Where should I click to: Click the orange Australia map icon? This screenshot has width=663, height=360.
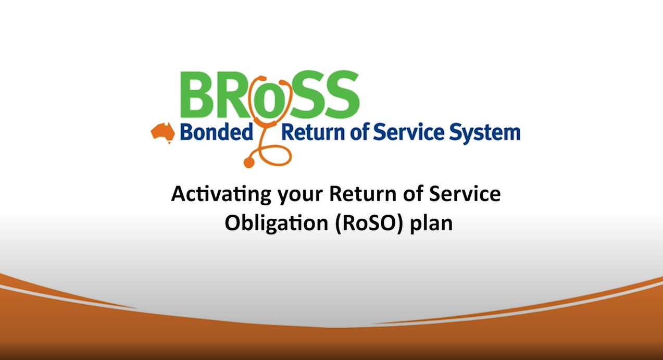pos(162,132)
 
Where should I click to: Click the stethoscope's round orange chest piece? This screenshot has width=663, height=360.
pos(249,163)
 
